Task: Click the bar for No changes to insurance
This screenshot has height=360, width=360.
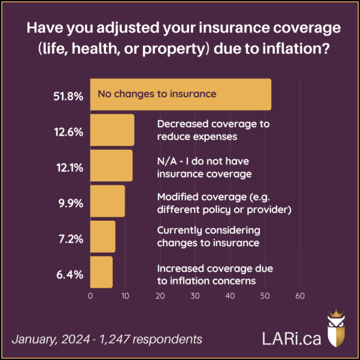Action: (x=180, y=94)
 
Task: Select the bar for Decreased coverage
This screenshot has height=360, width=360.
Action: (x=112, y=130)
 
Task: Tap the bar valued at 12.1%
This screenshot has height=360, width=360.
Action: (x=111, y=166)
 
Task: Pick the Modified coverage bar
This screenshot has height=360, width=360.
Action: (x=107, y=201)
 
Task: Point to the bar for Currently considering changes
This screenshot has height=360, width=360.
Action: (x=103, y=236)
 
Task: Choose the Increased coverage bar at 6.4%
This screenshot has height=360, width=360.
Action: (x=101, y=272)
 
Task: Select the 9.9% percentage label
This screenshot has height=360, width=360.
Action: (x=71, y=201)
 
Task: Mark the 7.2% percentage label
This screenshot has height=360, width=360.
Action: (x=71, y=236)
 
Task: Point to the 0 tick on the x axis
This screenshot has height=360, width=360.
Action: (x=90, y=296)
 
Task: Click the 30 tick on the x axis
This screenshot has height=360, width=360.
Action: (x=195, y=296)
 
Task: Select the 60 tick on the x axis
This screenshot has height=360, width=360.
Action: (x=300, y=296)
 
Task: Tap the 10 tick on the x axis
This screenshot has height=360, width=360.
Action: (x=125, y=296)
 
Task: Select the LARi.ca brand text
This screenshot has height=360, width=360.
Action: (x=287, y=337)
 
